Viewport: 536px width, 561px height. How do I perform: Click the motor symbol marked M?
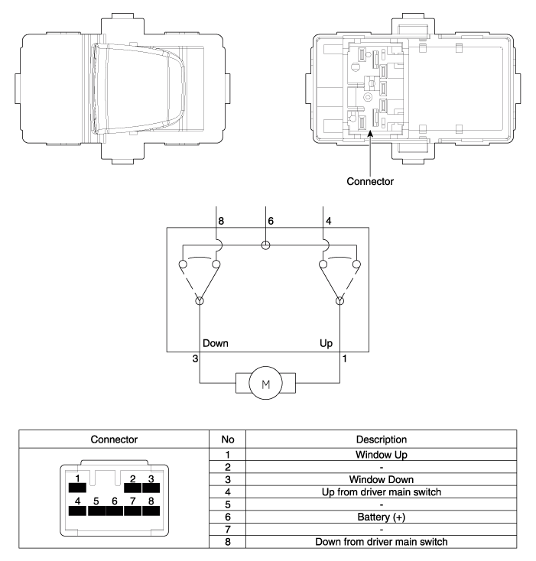[x=265, y=383]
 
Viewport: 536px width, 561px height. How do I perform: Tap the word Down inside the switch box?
[x=216, y=343]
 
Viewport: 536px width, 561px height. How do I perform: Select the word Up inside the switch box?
[x=326, y=343]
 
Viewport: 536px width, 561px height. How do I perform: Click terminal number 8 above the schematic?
[x=221, y=221]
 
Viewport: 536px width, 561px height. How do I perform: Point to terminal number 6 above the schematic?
[x=271, y=221]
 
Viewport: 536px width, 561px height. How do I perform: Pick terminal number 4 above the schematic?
[x=329, y=221]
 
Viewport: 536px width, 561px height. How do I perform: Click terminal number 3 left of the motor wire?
[x=195, y=358]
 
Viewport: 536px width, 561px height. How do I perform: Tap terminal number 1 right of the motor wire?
[x=345, y=358]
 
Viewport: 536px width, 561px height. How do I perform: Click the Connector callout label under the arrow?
[x=370, y=181]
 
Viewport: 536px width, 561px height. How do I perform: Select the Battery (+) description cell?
[x=381, y=517]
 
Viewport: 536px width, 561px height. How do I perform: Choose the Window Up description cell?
[x=381, y=455]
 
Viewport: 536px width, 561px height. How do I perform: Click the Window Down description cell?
[x=381, y=479]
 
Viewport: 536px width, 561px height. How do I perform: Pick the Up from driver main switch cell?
[x=381, y=492]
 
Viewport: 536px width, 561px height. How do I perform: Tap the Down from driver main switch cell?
[x=381, y=542]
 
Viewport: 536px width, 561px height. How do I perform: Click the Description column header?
[x=381, y=439]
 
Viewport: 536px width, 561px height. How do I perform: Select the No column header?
[x=228, y=439]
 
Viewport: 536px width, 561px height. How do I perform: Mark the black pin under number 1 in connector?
[x=77, y=488]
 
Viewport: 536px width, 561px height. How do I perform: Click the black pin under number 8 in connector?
[x=151, y=511]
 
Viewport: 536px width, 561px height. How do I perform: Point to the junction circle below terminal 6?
[x=265, y=245]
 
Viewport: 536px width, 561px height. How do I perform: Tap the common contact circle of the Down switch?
[x=200, y=300]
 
